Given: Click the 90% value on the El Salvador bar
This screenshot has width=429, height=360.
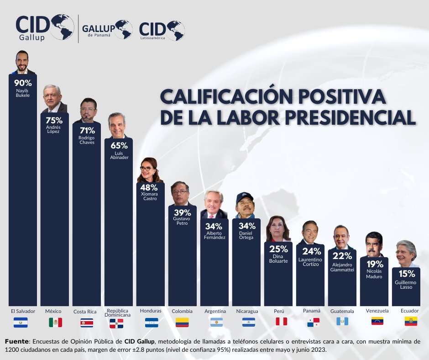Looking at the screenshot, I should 23,83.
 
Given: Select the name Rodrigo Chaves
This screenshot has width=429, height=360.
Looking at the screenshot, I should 86,139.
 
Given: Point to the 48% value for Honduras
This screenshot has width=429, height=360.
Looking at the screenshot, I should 149,187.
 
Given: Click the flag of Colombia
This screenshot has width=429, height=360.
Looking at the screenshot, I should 182,322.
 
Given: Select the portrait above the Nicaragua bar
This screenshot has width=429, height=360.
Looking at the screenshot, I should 246,205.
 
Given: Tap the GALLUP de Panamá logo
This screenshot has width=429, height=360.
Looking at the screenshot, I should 107,29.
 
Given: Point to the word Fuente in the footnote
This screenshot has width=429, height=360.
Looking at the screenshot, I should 17,341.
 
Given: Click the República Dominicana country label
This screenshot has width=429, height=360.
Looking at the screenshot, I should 117,313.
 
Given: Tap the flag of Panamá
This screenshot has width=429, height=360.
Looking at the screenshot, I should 313,322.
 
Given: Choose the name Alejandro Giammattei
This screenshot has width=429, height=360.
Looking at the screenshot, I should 342,267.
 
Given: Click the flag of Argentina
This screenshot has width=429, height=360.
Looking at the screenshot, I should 216,322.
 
